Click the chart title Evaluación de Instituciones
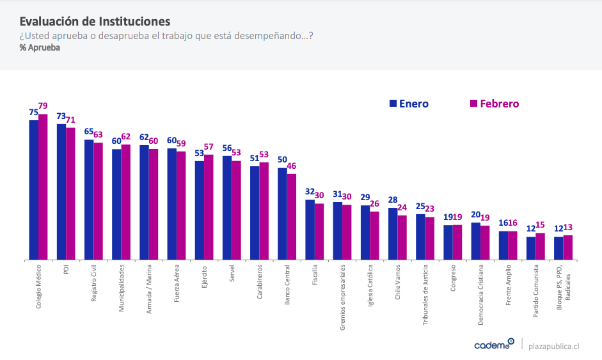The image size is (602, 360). [x=95, y=22]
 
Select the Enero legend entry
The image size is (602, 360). [x=409, y=104]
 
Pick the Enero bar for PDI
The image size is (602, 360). [x=61, y=192]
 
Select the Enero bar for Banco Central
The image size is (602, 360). [x=282, y=214]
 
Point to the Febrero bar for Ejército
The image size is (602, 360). [x=209, y=207]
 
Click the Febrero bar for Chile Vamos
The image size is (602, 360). [x=402, y=237]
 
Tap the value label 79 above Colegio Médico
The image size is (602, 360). [x=43, y=106]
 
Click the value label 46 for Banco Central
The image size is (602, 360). [x=292, y=166]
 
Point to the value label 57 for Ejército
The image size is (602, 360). [x=209, y=147]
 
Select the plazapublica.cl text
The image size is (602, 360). [x=554, y=345]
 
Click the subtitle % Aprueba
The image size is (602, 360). [x=40, y=48]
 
